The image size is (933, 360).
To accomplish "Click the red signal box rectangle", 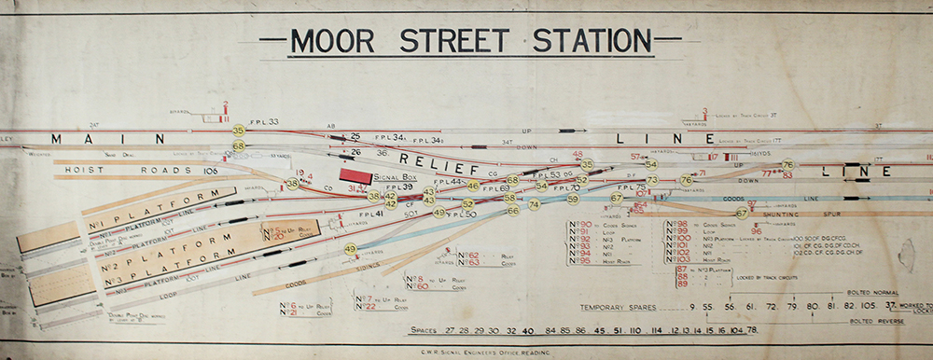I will pos(355,175).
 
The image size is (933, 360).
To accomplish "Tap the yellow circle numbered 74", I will pos(534,204).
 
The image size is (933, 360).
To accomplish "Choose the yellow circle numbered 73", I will pos(652,180).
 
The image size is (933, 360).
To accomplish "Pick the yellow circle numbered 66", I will pos(513,211).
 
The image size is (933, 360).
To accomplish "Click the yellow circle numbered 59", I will pos(573,199).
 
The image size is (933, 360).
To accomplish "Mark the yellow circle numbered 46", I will pos(473,186).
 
